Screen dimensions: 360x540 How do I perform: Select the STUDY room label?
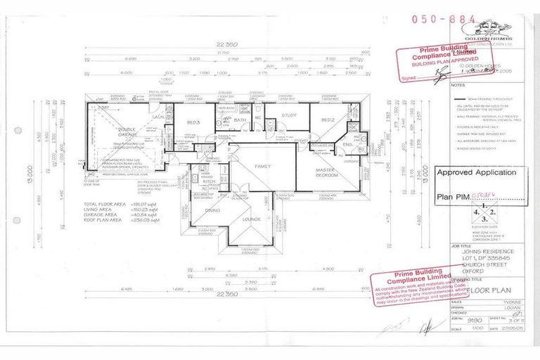tap(288, 115)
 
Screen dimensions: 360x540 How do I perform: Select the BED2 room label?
tap(328, 120)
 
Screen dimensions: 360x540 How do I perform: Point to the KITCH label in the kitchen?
tap(209, 181)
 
